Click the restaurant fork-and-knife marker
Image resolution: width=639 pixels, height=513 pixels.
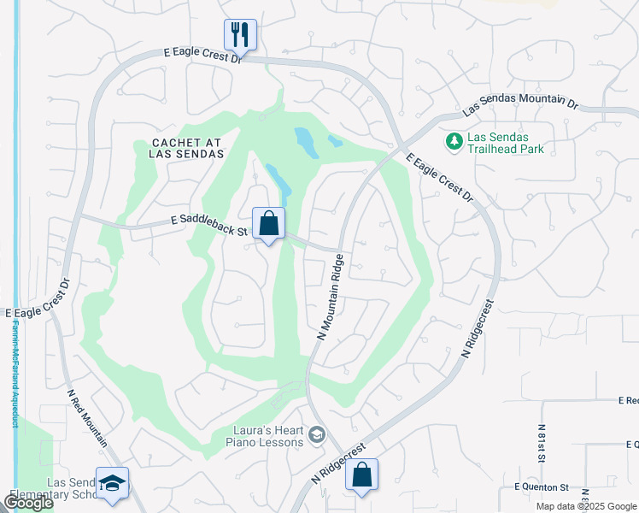click(240, 35)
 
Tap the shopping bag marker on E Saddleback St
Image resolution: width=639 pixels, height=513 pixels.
click(268, 224)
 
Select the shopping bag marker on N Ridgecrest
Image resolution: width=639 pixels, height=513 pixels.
click(361, 476)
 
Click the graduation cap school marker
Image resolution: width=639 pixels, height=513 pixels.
click(112, 483)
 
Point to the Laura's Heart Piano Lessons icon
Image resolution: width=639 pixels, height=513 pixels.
click(317, 436)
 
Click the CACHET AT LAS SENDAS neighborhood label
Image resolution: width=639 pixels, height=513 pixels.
click(186, 147)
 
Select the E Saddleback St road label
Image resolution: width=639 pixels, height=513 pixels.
click(208, 227)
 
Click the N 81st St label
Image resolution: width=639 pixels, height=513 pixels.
click(542, 444)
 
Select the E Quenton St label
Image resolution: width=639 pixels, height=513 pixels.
click(541, 486)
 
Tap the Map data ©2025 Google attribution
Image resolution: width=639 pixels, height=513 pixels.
click(586, 506)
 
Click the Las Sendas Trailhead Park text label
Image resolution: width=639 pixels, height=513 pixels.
click(506, 143)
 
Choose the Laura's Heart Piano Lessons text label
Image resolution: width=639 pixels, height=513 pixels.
click(264, 436)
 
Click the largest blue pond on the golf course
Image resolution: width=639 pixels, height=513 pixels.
click(306, 143)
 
